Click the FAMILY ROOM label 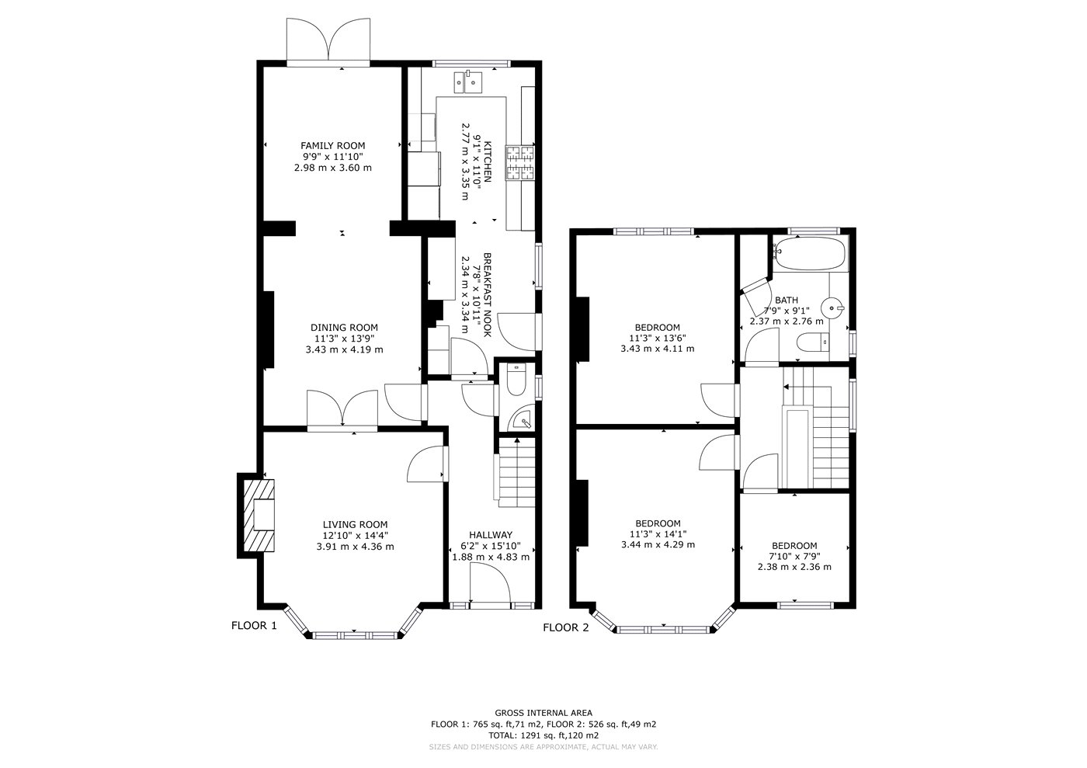pos(332,146)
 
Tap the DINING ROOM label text pos(344,328)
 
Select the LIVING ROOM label pos(356,524)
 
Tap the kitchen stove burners pos(519,162)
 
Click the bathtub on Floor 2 pos(809,254)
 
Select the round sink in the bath pos(832,308)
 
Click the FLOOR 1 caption pos(255,625)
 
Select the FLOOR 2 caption pos(566,627)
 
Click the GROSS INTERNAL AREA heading pos(543,713)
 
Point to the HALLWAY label pos(491,535)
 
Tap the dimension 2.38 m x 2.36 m pos(794,567)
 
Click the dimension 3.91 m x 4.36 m pos(356,546)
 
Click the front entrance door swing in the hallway pos(490,582)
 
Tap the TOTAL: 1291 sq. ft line pos(543,735)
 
